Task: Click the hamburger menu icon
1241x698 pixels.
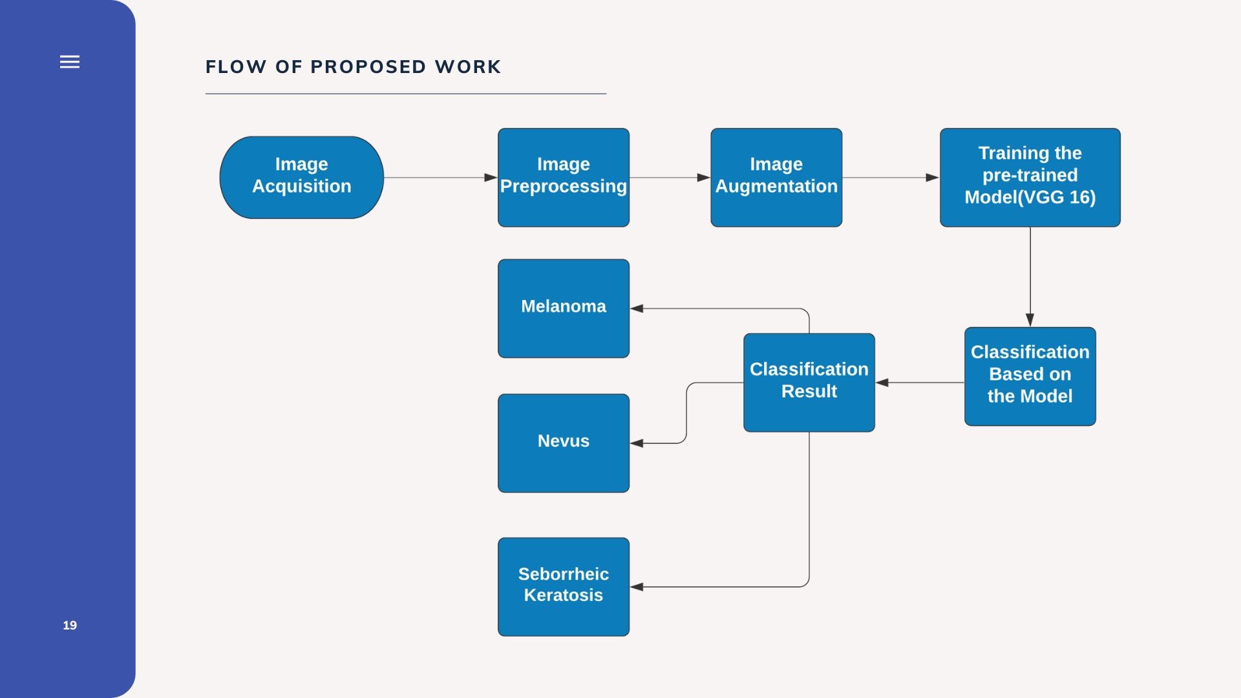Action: (x=70, y=61)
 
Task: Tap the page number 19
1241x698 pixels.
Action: (x=70, y=625)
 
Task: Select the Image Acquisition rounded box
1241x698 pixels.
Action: (x=302, y=177)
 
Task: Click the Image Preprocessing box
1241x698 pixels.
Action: (x=564, y=177)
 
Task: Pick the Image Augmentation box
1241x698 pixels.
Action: (x=776, y=177)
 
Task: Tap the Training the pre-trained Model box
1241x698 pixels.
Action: (x=1030, y=177)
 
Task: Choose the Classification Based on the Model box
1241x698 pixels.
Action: (x=1030, y=376)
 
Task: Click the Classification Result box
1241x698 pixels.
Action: (x=809, y=383)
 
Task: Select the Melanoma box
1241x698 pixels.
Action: (x=564, y=308)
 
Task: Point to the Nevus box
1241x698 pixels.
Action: (x=564, y=443)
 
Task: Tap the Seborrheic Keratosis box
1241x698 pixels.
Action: (x=564, y=587)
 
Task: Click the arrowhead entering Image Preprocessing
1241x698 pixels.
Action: (x=491, y=177)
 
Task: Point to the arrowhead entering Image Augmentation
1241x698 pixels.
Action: (x=704, y=177)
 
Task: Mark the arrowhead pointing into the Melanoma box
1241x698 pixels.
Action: (x=637, y=308)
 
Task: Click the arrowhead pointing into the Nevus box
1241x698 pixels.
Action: (x=637, y=443)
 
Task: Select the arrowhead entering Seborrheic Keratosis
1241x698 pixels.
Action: (x=637, y=587)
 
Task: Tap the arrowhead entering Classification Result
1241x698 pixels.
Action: (x=882, y=383)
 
